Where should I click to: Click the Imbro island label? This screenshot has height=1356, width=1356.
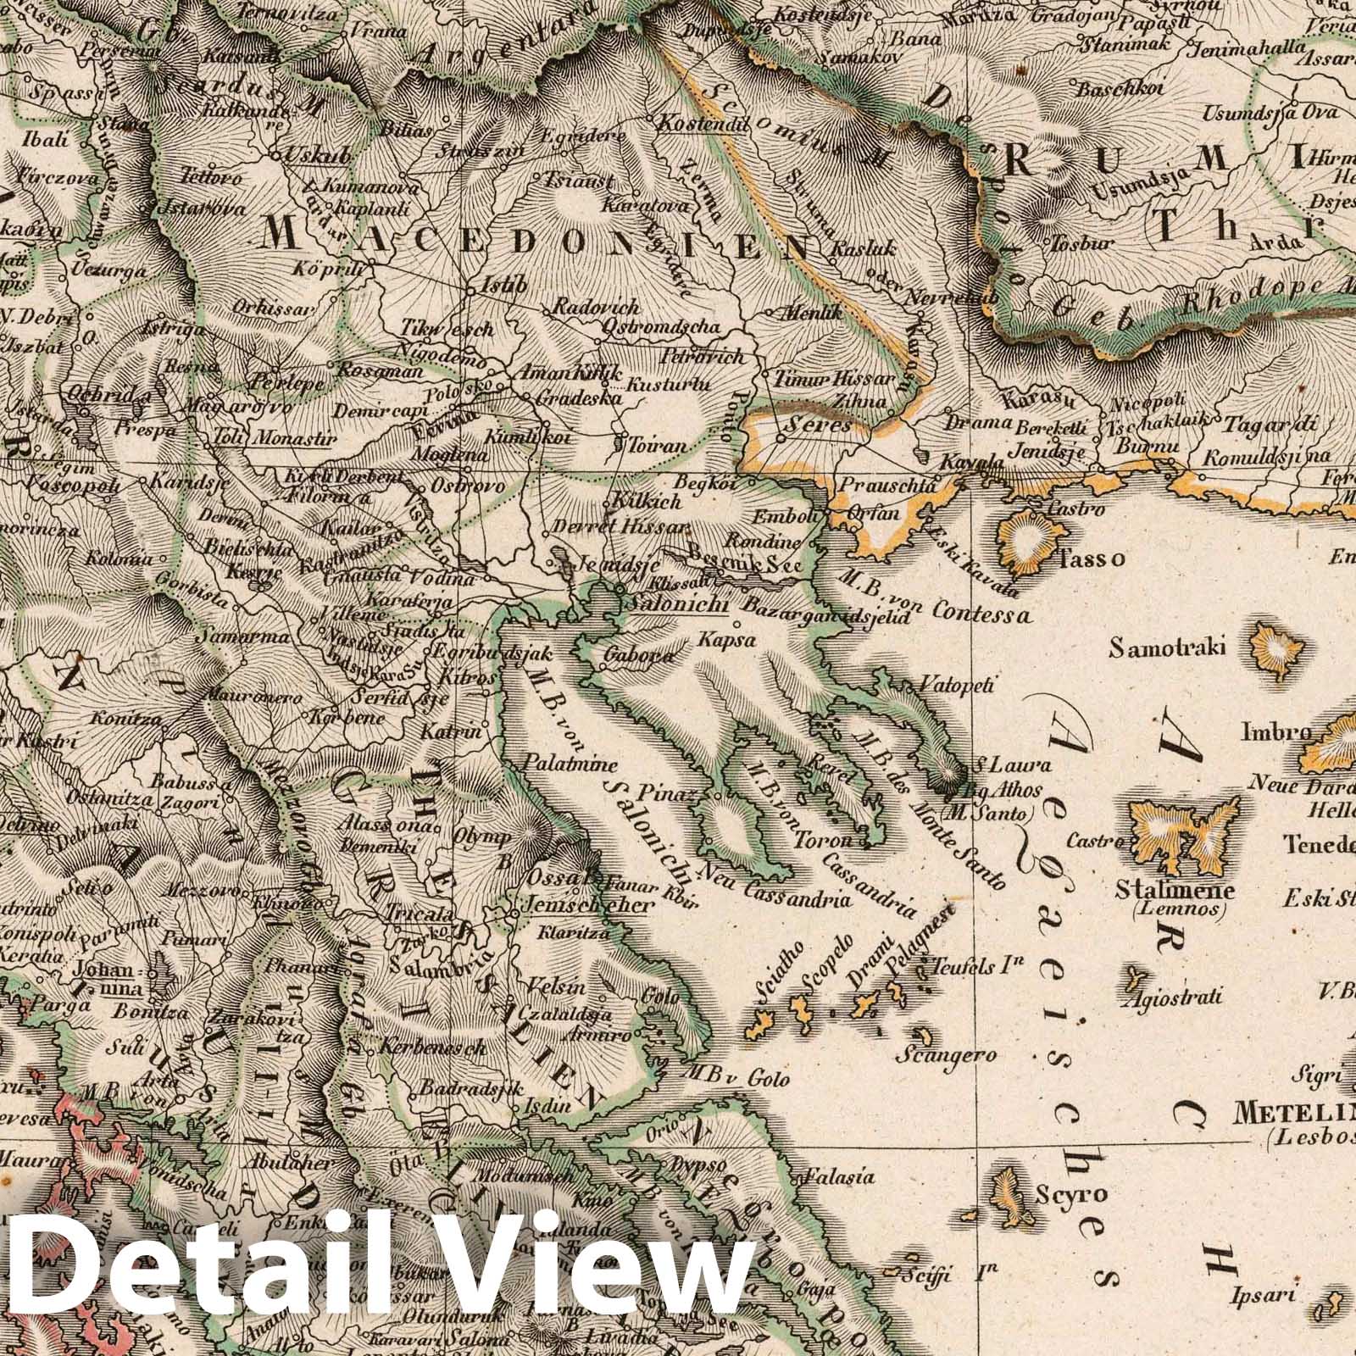(1276, 731)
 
